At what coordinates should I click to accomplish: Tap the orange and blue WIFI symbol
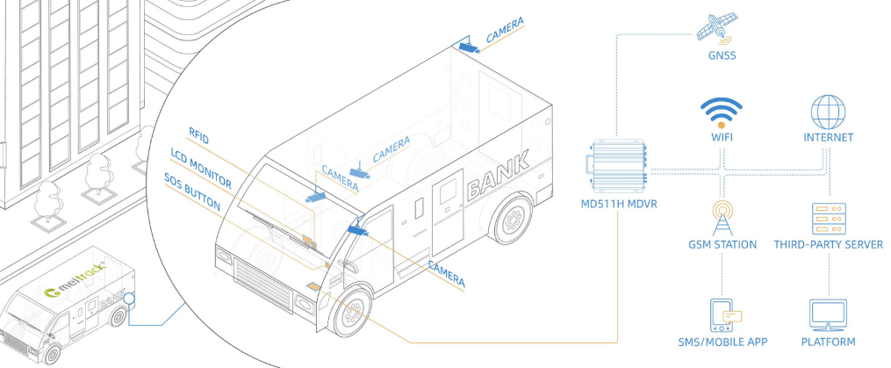pyautogui.click(x=722, y=112)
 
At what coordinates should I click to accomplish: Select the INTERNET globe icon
pyautogui.click(x=827, y=112)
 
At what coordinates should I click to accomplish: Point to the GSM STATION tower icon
pyautogui.click(x=722, y=216)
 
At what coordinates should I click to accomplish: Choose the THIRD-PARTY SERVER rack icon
pyautogui.click(x=828, y=216)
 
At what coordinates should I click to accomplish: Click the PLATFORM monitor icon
pyautogui.click(x=828, y=314)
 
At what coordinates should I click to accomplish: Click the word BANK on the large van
pyautogui.click(x=499, y=173)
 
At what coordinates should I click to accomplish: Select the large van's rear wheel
pyautogui.click(x=511, y=219)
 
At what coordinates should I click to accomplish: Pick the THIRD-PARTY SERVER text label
pyautogui.click(x=828, y=244)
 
